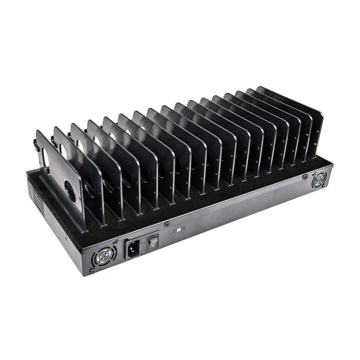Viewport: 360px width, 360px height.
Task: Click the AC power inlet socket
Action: click(133, 247)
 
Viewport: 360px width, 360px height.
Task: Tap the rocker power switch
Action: click(152, 242)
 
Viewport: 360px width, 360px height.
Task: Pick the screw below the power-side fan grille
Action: click(92, 271)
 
